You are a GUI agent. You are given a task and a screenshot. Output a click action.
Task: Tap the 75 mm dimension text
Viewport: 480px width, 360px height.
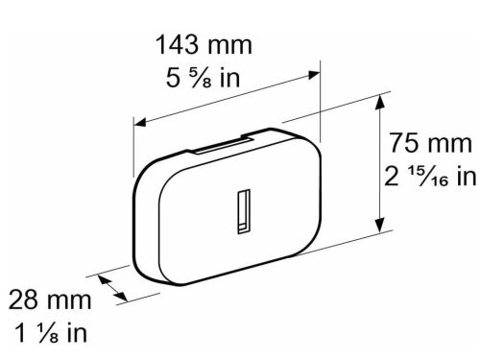(431, 145)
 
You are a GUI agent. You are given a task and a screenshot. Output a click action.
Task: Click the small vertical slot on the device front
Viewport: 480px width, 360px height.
(243, 212)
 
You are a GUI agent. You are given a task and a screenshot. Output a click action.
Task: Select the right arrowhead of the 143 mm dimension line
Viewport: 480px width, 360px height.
(314, 70)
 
